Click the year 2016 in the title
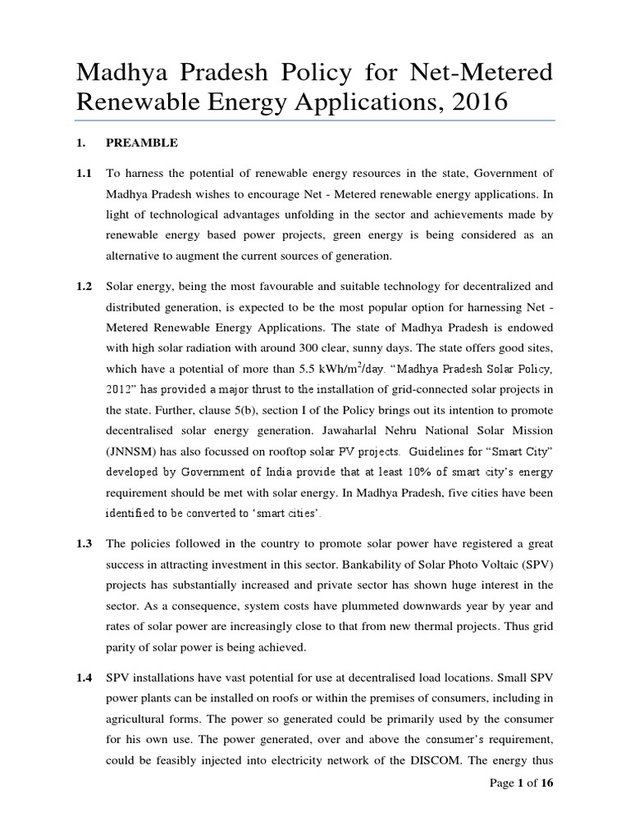click(472, 103)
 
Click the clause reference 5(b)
click(250, 408)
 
